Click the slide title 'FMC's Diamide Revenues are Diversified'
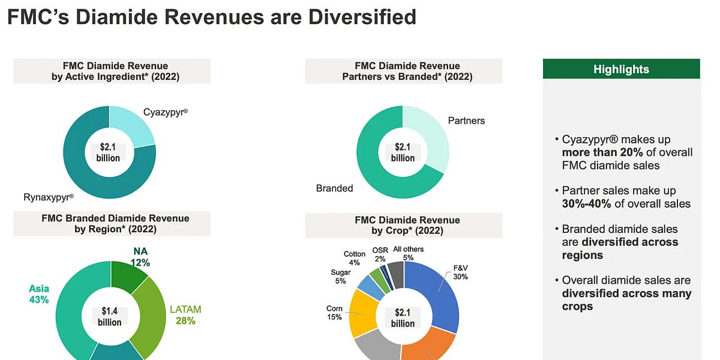point(211,17)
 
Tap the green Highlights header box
point(621,69)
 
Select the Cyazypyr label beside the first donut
point(166,112)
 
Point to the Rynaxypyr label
point(48,196)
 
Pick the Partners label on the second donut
point(466,121)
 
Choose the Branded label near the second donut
point(334,188)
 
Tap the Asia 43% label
point(39,294)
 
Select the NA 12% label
point(140,257)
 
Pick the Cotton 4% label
point(355,258)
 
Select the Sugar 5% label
point(341,277)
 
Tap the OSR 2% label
point(380,254)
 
